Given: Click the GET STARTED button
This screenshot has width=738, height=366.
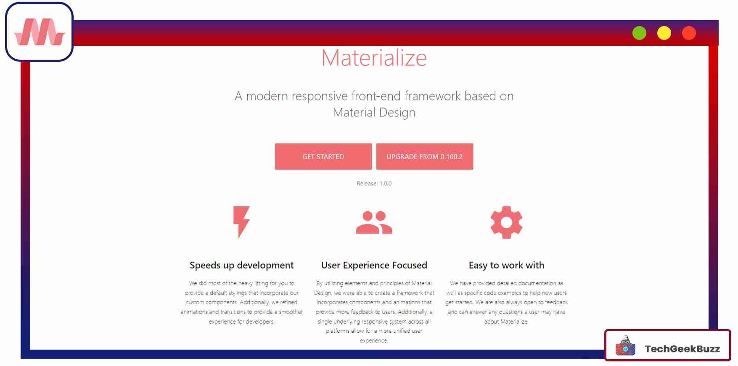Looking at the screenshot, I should [x=323, y=157].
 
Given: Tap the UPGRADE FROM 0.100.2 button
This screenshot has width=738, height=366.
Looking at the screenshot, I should [x=424, y=157].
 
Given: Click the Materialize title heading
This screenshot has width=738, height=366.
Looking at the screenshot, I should [x=374, y=58].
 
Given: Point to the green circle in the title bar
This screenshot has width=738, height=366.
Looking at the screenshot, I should [x=639, y=33].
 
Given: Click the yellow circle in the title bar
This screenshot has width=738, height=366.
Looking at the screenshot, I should [x=664, y=33].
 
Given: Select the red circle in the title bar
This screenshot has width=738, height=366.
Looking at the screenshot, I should [x=689, y=33].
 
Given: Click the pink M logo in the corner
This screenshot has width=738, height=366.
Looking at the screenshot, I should [x=39, y=32].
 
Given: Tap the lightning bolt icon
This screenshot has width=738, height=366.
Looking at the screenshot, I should [x=241, y=222].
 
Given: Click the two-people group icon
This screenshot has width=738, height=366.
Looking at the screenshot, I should [x=374, y=222].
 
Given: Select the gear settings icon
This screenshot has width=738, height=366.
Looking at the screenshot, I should [x=506, y=222].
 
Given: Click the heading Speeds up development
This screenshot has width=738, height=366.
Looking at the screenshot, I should [x=241, y=265].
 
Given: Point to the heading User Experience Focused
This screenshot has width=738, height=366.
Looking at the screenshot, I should [x=374, y=265].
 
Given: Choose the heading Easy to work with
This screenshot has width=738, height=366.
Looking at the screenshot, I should [x=506, y=265].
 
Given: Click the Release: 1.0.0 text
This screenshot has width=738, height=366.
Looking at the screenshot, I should [x=374, y=184].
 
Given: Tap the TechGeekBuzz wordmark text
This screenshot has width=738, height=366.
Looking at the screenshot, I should [x=682, y=349].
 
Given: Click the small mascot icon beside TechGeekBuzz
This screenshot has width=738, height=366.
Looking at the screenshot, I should [x=625, y=346].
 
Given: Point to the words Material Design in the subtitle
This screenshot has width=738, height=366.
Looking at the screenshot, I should [x=374, y=113].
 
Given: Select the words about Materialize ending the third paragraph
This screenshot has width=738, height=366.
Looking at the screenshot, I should [x=506, y=321].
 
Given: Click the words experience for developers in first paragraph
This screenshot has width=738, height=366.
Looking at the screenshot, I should [x=241, y=321].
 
